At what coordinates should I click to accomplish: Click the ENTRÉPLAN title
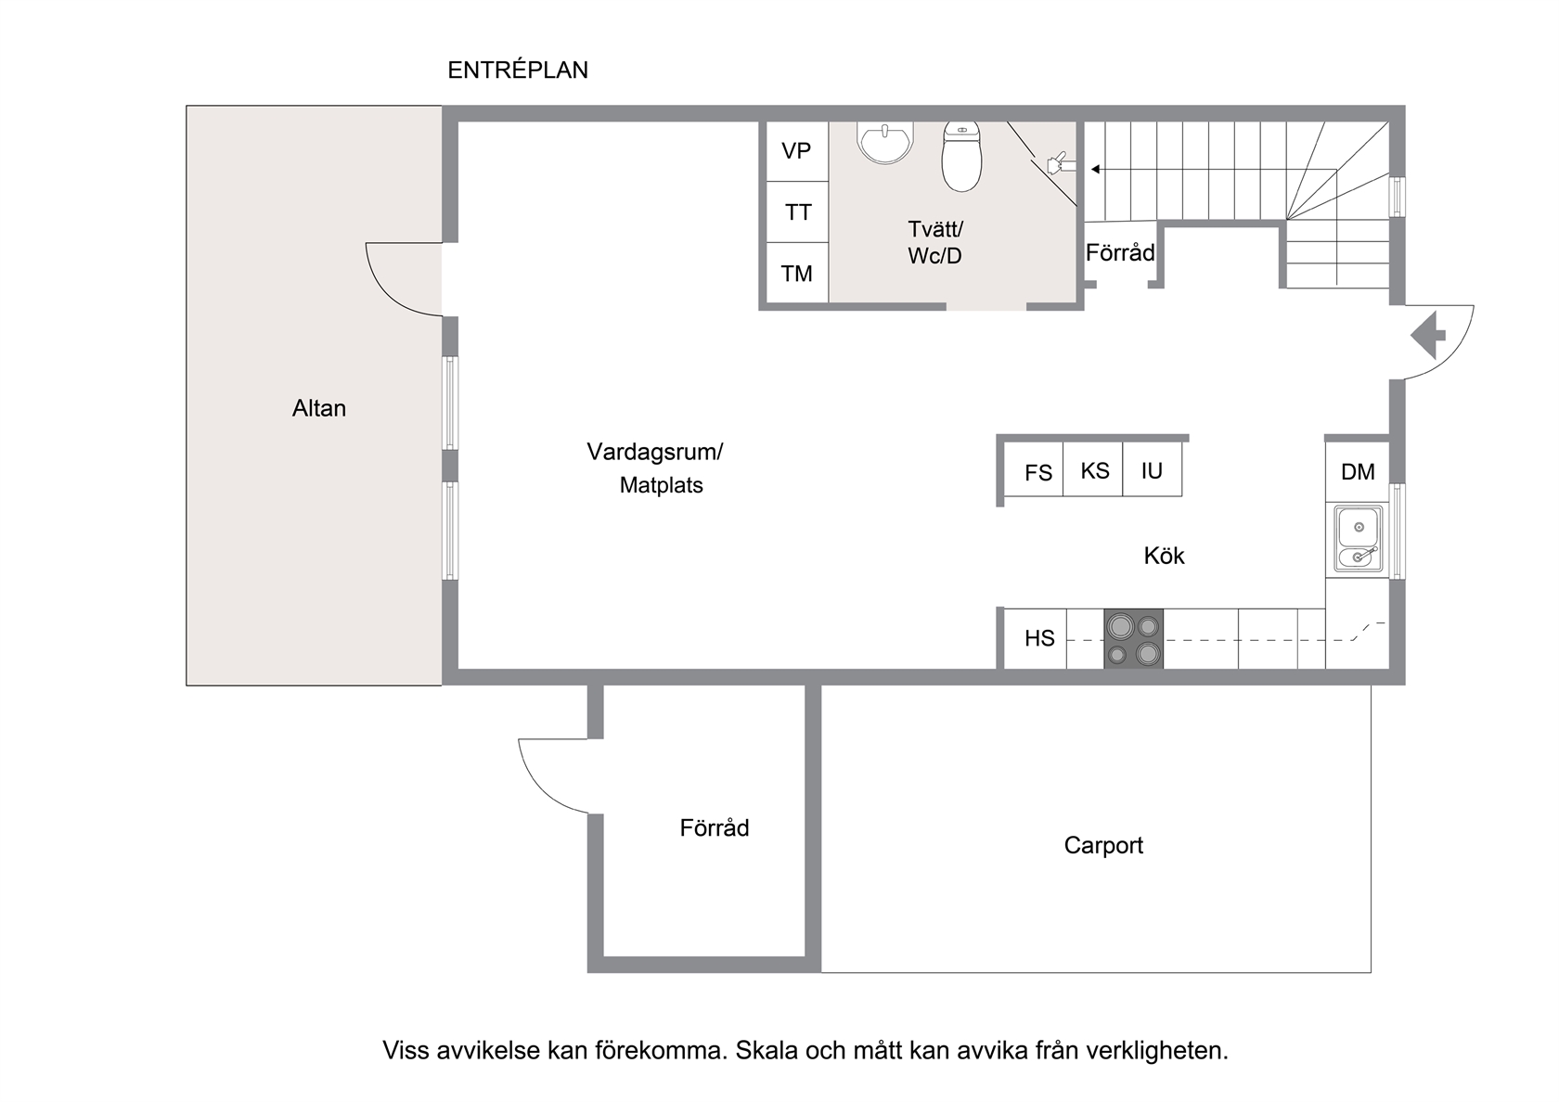pos(518,70)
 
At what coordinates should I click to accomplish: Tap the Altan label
pos(319,408)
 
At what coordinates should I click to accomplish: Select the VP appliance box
pos(797,152)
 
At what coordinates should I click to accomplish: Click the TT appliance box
pos(797,212)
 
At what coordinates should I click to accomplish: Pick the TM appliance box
pos(797,273)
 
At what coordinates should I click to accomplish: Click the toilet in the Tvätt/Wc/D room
pos(961,157)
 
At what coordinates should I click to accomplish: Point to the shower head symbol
pos(1060,163)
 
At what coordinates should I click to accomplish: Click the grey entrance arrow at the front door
pos(1428,336)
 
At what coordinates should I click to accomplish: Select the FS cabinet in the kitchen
pos(1034,469)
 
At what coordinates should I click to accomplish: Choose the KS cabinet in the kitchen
pos(1093,469)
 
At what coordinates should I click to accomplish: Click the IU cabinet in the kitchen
pos(1152,469)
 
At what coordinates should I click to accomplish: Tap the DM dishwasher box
pos(1358,471)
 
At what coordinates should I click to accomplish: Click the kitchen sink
pos(1358,539)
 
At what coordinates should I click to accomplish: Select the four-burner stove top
pos(1134,638)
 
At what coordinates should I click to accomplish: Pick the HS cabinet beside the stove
pos(1036,638)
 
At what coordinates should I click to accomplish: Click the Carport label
pos(1103,845)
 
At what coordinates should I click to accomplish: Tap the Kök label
pos(1164,555)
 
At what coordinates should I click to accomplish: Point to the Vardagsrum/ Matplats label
pos(655,468)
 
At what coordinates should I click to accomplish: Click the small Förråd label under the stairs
pos(1120,252)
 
